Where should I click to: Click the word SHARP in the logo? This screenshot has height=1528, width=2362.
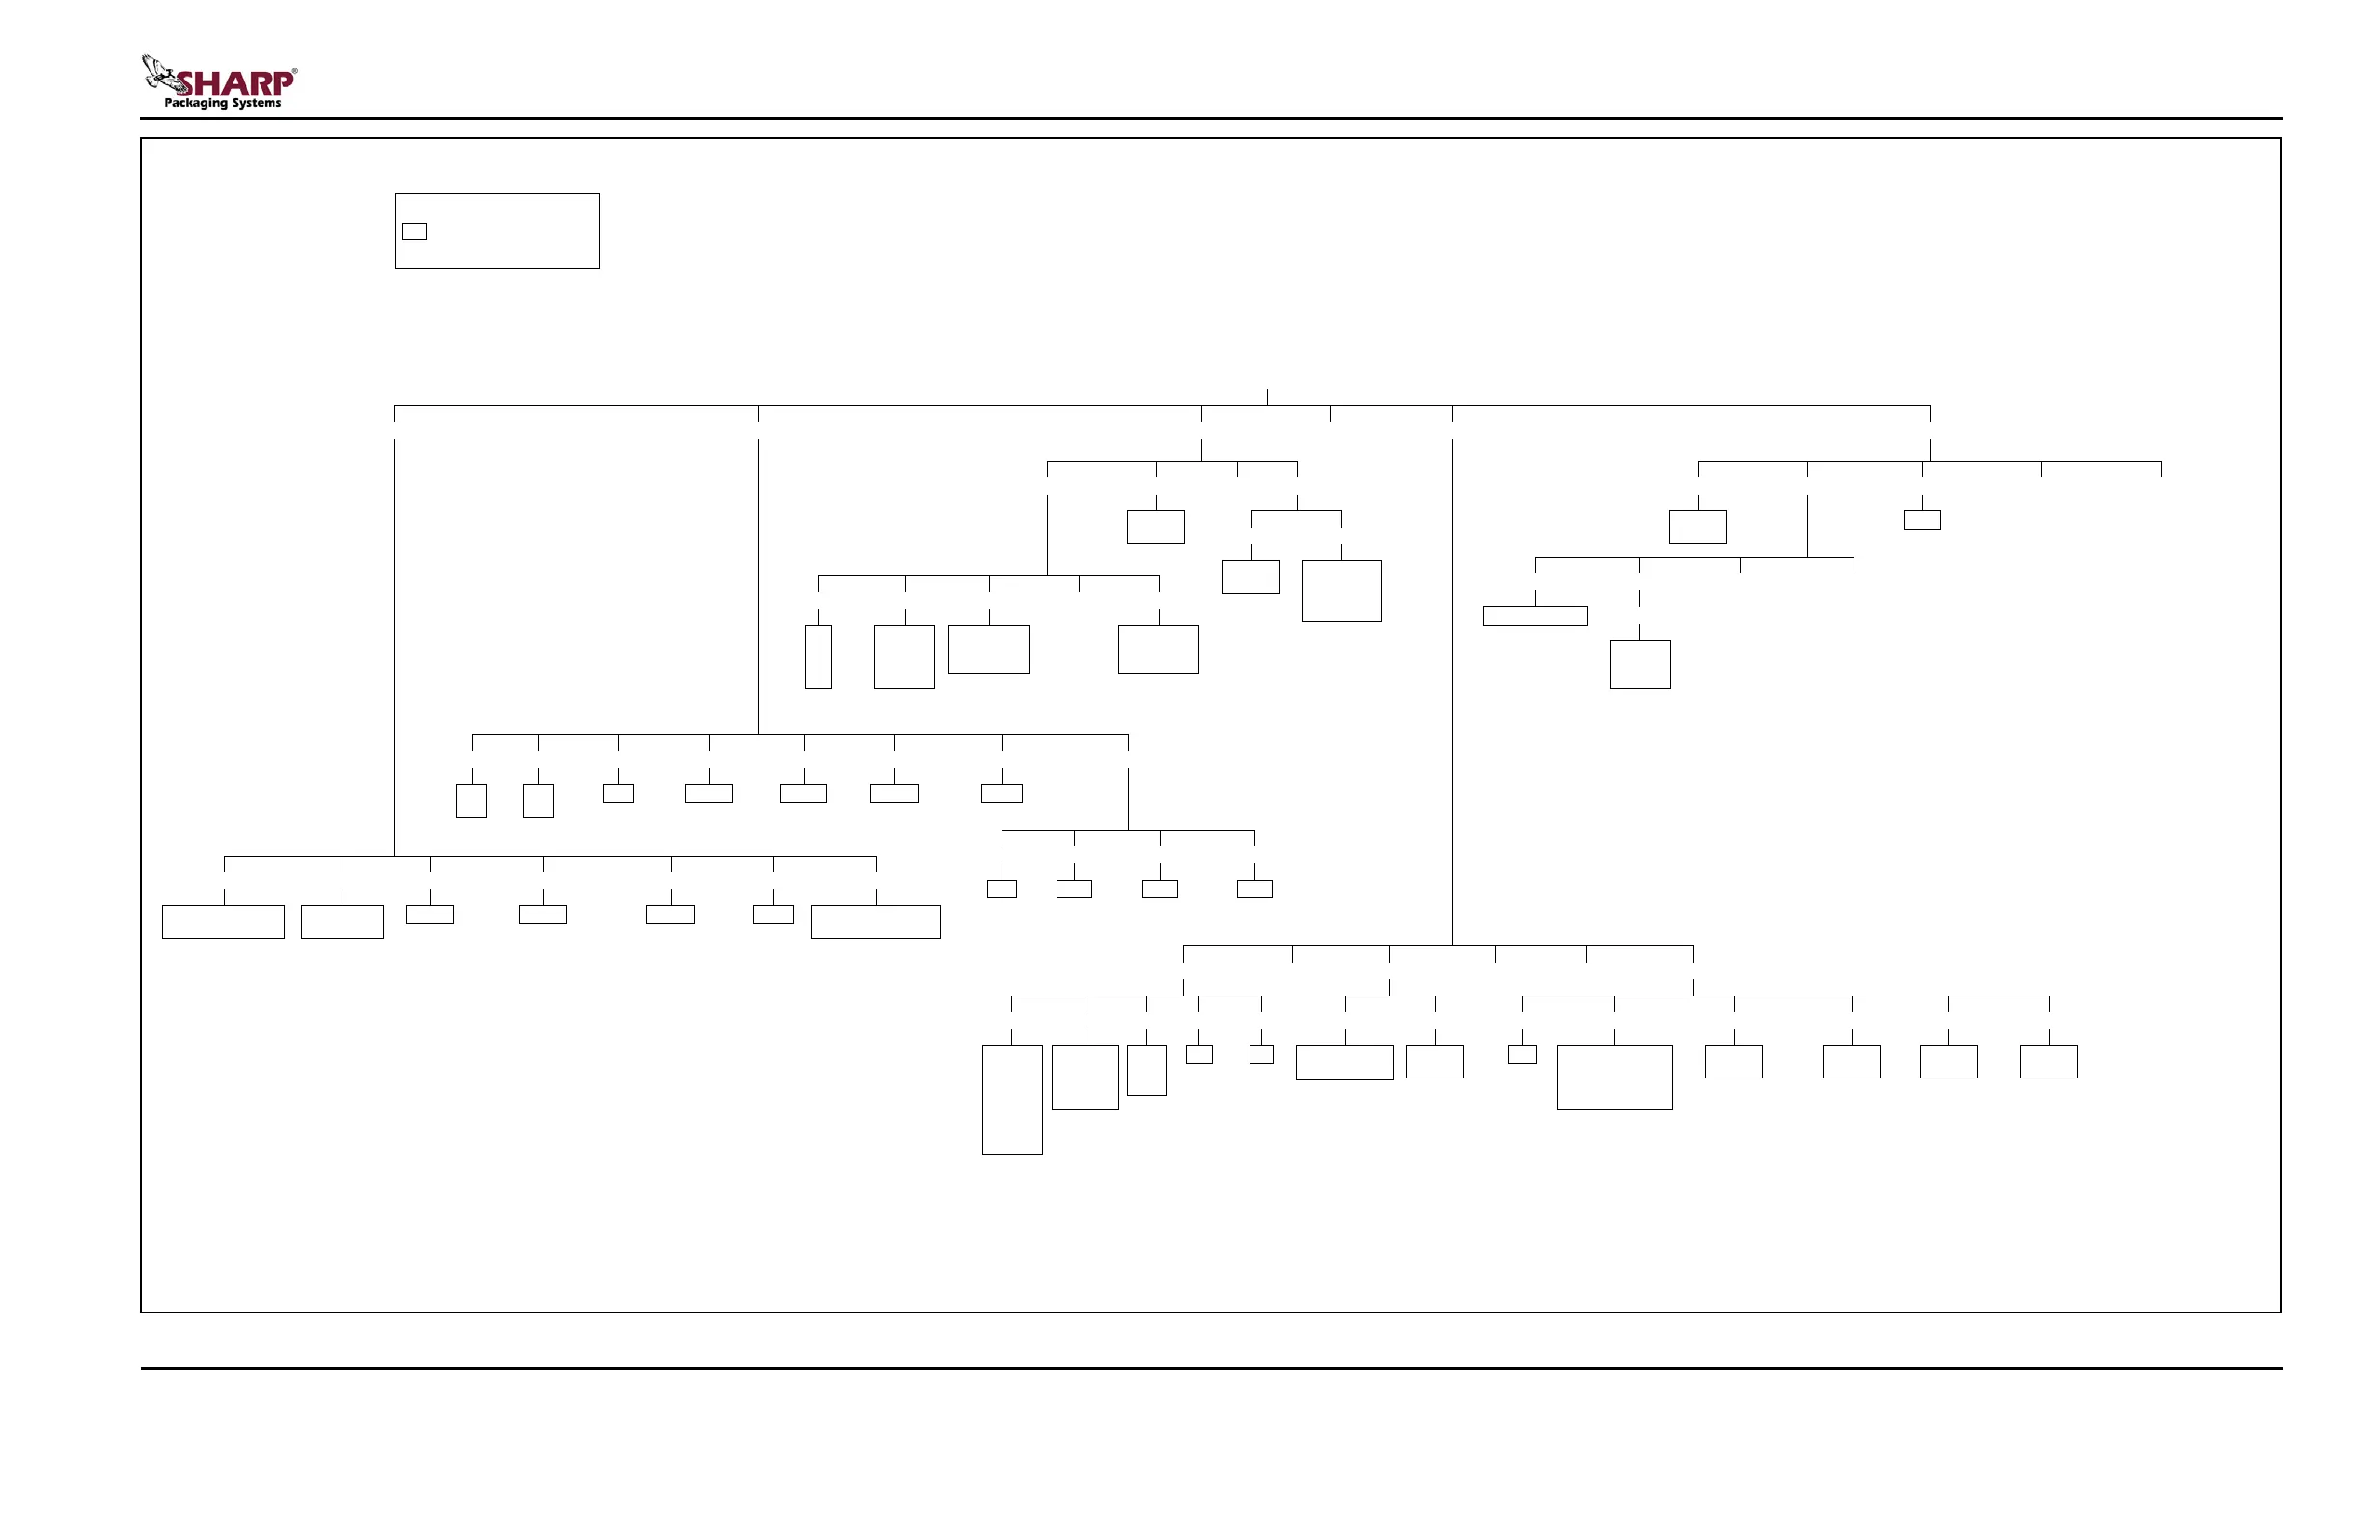pyautogui.click(x=234, y=83)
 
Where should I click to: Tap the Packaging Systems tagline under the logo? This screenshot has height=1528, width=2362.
pyautogui.click(x=222, y=103)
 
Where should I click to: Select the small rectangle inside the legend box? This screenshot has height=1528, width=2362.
pyautogui.click(x=415, y=232)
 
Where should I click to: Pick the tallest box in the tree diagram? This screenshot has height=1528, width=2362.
pyautogui.click(x=1012, y=1100)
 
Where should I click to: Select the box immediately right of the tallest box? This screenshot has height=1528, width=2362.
pyautogui.click(x=1085, y=1077)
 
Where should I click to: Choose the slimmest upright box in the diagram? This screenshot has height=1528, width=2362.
pyautogui.click(x=818, y=656)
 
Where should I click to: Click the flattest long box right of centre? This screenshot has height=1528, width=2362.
pyautogui.click(x=1535, y=616)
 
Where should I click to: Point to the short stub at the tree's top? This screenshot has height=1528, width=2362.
pyautogui.click(x=1267, y=396)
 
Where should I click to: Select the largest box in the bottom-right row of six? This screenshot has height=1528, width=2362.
pyautogui.click(x=1614, y=1077)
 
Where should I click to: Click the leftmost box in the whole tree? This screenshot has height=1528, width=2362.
pyautogui.click(x=223, y=921)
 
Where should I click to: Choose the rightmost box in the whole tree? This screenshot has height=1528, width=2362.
pyautogui.click(x=2049, y=1061)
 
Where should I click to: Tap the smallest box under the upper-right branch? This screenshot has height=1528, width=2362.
pyautogui.click(x=1922, y=520)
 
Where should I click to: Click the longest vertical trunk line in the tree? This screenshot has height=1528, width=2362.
pyautogui.click(x=1453, y=692)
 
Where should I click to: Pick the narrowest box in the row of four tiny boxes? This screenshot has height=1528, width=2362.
pyautogui.click(x=1002, y=889)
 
